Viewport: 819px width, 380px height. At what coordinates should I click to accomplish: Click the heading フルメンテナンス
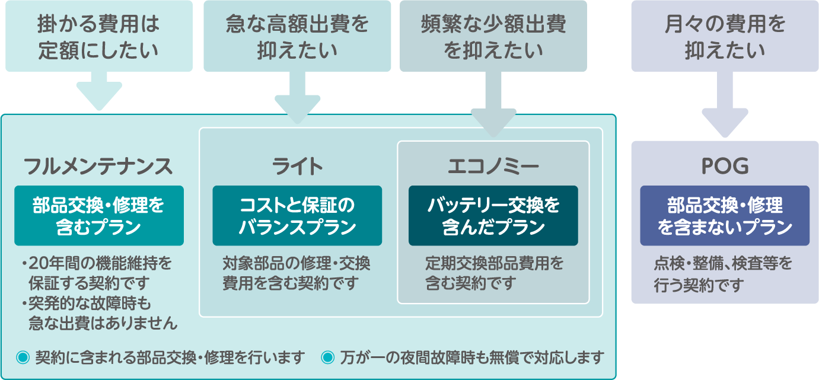[x=98, y=166]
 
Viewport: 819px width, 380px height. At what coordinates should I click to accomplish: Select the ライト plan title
[x=297, y=166]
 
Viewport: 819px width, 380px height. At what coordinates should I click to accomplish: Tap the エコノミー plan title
[x=493, y=166]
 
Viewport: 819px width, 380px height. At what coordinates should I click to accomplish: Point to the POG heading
[x=725, y=166]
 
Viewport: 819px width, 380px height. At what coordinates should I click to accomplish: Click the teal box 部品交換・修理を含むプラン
[x=99, y=216]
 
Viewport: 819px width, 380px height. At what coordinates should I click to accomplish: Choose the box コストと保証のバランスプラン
[x=297, y=216]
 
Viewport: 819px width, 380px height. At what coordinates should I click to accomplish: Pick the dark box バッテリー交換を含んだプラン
[x=493, y=216]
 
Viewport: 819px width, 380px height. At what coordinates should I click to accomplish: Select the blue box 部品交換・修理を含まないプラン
[x=725, y=216]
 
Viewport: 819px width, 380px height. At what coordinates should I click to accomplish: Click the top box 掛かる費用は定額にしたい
[x=99, y=36]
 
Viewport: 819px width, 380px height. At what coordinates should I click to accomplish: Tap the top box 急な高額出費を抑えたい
[x=297, y=36]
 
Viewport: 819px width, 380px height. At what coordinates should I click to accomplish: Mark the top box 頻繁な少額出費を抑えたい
[x=493, y=36]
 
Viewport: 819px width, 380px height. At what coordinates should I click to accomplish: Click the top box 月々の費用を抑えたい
[x=725, y=36]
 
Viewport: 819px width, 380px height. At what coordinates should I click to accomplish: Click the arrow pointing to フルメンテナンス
[x=99, y=91]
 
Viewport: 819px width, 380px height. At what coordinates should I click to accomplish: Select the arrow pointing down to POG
[x=725, y=104]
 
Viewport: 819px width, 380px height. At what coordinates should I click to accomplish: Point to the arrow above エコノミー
[x=493, y=104]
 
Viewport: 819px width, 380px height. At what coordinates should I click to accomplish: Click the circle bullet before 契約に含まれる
[x=23, y=357]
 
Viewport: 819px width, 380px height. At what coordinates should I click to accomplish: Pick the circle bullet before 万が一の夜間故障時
[x=327, y=357]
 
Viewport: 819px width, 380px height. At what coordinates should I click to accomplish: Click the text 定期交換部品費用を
[x=495, y=263]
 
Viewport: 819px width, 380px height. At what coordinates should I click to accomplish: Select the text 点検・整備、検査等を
[x=723, y=263]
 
